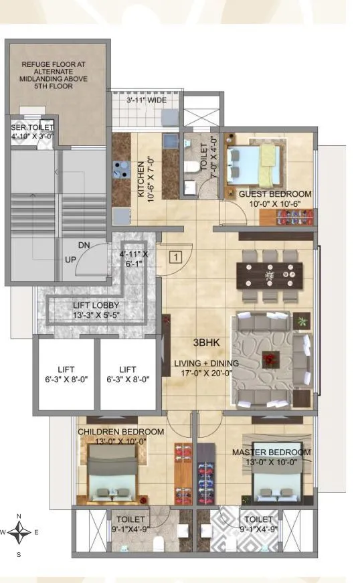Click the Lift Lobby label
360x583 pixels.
pyautogui.click(x=96, y=310)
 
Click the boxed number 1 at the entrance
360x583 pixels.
pyautogui.click(x=175, y=256)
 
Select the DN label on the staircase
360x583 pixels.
pyautogui.click(x=83, y=246)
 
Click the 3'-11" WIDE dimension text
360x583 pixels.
pyautogui.click(x=147, y=102)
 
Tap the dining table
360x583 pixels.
pyautogui.click(x=269, y=274)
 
